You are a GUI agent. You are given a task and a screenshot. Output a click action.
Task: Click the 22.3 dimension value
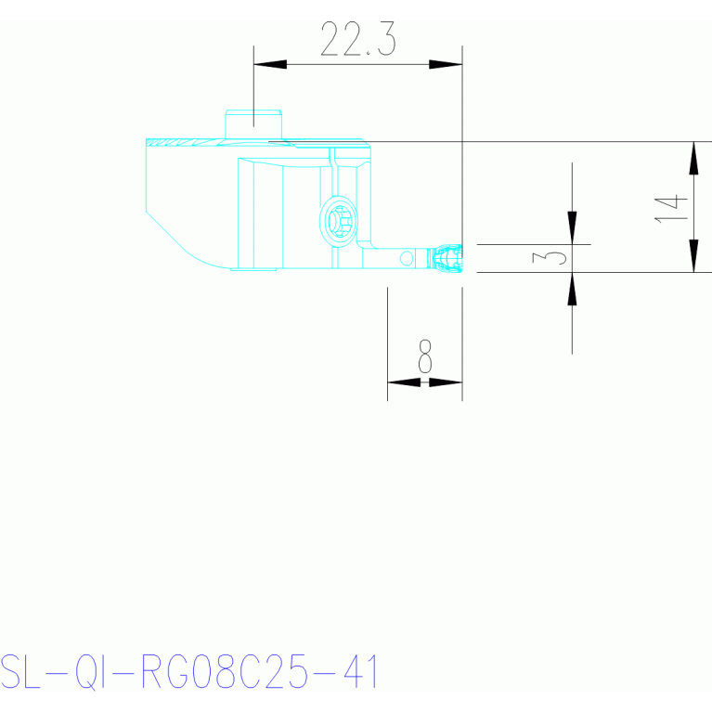[358, 39]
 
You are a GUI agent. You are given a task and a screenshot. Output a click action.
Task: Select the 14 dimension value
[670, 209]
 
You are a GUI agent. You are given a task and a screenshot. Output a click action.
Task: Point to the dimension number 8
[425, 356]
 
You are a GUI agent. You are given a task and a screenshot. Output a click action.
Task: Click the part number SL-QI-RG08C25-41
[188, 672]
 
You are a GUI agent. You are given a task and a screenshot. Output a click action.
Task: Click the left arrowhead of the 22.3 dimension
[270, 64]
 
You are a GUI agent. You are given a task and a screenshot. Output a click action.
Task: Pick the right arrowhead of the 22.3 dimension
[446, 64]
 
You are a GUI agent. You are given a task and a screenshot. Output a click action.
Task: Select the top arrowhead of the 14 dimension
[693, 158]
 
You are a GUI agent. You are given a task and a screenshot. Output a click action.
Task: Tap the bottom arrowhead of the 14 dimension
[693, 256]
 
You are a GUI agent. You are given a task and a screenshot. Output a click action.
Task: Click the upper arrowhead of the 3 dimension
[572, 228]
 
